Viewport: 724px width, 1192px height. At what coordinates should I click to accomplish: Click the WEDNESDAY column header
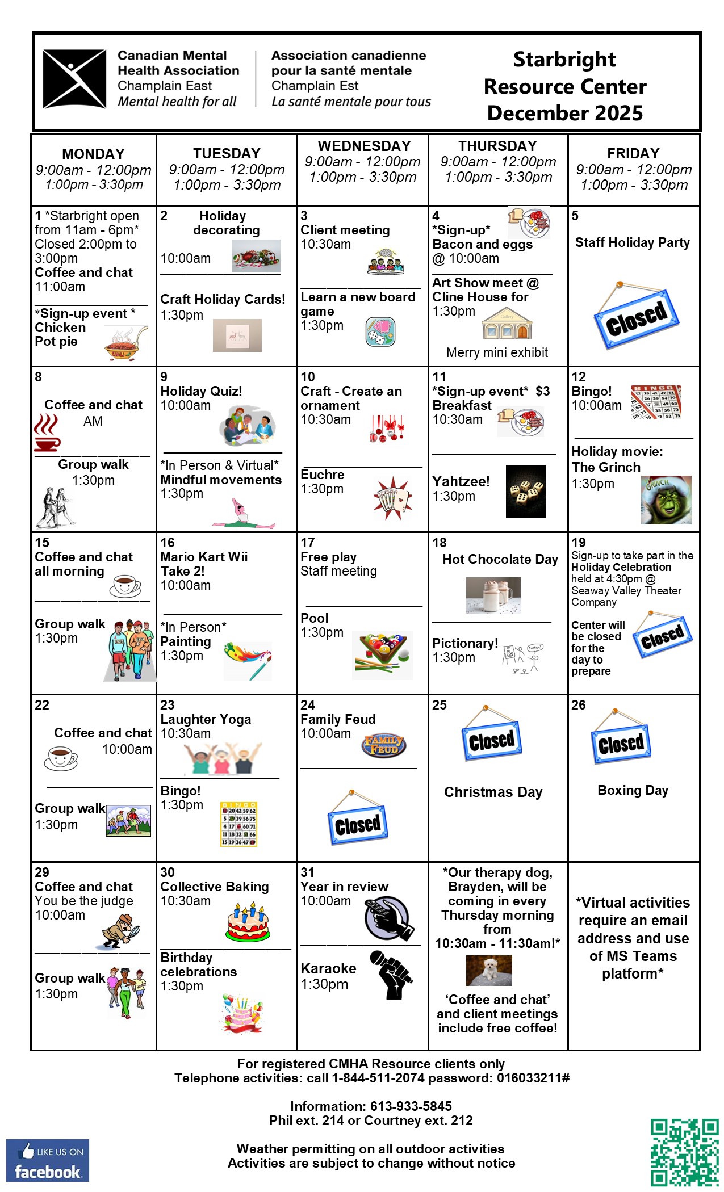[x=364, y=146]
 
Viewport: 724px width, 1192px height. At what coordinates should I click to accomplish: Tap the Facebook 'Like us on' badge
[x=48, y=1160]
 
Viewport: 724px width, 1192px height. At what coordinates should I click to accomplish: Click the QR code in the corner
[x=684, y=1152]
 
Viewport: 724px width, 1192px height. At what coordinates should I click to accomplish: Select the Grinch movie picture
[x=666, y=500]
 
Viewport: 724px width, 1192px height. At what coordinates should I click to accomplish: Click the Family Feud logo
[x=384, y=744]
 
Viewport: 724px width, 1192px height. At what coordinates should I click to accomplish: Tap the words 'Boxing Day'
[x=633, y=790]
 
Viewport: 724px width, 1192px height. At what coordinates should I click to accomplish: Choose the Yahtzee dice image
[x=526, y=491]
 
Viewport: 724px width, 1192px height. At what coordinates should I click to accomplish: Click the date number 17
[x=308, y=543]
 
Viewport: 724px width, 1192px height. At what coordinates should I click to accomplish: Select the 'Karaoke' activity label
[x=328, y=968]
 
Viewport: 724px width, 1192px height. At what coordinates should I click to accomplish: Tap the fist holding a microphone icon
[x=391, y=975]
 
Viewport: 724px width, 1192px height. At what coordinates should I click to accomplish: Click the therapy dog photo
[x=489, y=970]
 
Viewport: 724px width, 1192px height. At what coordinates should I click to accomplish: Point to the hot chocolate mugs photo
[x=493, y=595]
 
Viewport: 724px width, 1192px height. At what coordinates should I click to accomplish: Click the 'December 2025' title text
[x=564, y=113]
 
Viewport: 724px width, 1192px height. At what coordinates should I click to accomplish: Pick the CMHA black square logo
[x=74, y=79]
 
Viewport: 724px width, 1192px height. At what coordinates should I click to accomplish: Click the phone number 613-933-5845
[x=411, y=1106]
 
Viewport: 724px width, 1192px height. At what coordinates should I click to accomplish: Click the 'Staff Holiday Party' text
[x=633, y=243]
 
